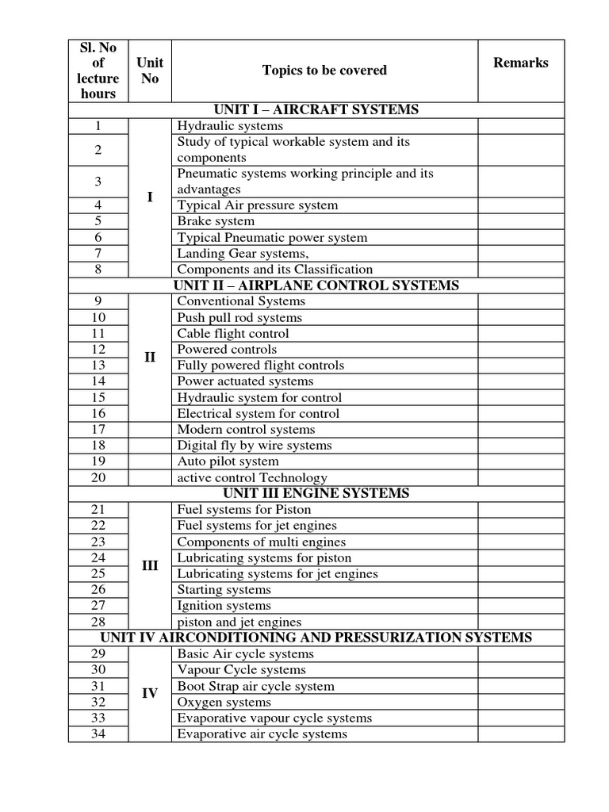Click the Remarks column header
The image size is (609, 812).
tap(520, 63)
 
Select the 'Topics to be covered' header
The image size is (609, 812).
tap(324, 71)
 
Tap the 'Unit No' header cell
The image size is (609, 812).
tap(150, 71)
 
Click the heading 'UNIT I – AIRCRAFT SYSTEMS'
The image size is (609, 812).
tap(316, 109)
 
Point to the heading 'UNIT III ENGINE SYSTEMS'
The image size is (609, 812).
tap(316, 493)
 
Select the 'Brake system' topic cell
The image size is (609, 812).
tap(216, 221)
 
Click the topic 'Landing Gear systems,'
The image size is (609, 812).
tap(243, 253)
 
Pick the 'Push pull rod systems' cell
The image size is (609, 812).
tap(239, 317)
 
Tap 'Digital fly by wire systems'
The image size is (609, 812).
tap(255, 445)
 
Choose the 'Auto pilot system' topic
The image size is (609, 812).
tap(228, 461)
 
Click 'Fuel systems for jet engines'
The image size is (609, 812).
tap(257, 525)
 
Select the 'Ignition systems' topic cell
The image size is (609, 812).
tap(224, 606)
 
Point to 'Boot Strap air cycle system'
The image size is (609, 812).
tap(255, 686)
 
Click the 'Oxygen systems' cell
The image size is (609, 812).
tap(224, 702)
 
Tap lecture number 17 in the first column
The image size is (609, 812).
tap(98, 429)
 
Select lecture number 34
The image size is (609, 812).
tap(98, 733)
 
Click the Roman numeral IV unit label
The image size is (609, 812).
tap(150, 694)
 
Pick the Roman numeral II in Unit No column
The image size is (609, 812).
tap(150, 357)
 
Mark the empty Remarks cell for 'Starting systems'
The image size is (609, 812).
tap(520, 589)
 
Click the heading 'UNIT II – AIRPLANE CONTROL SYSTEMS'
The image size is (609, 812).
tap(316, 285)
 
